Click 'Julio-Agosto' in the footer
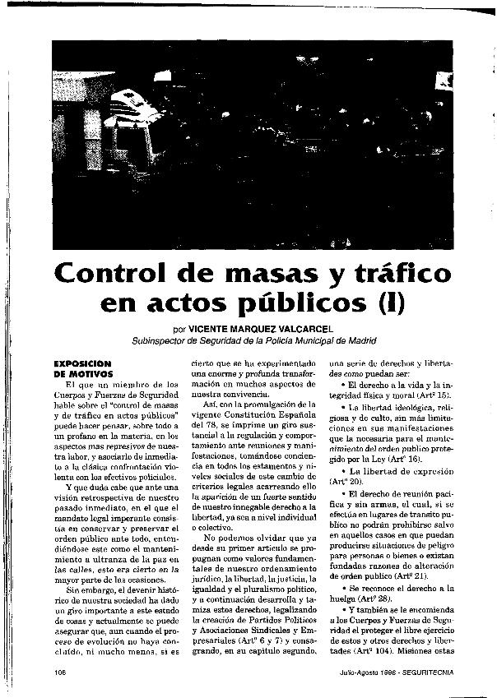click(342, 671)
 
